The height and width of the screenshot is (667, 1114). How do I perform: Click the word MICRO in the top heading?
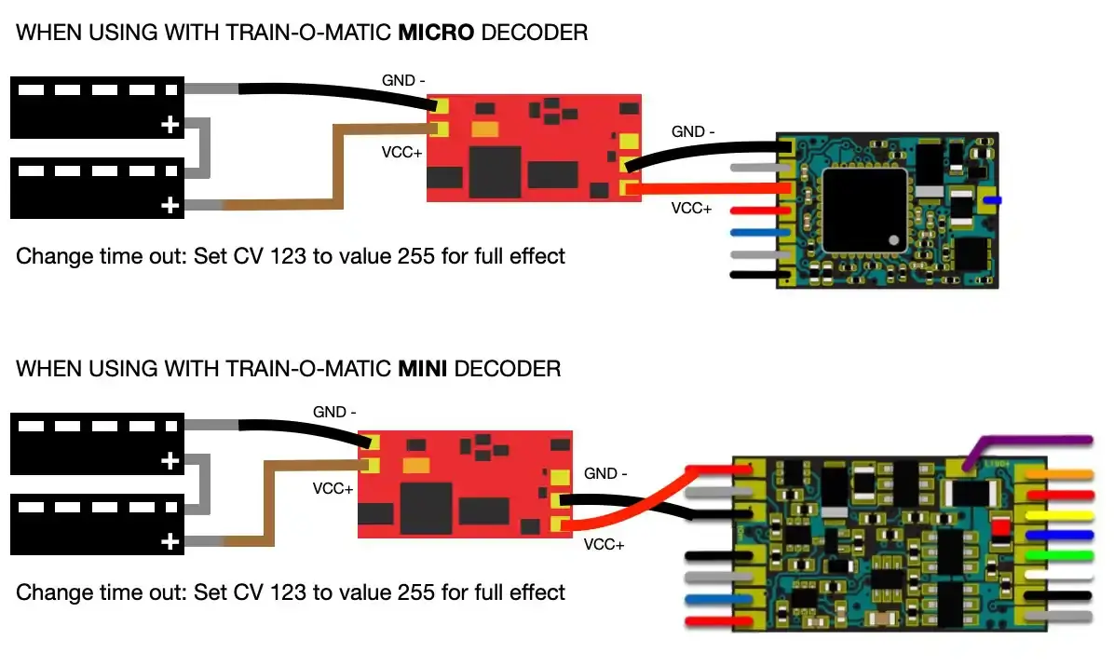436,33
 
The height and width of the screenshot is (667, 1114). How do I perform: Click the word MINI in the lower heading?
422,369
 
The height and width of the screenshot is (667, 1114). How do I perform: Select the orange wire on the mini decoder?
1059,474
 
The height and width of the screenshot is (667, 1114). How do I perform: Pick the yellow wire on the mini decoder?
1059,516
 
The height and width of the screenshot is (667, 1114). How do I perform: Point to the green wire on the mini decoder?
1059,555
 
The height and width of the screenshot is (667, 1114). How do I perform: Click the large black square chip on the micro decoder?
864,211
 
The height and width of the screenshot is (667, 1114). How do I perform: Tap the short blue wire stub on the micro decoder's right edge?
993,201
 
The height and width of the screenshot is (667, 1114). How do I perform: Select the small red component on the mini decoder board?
1000,527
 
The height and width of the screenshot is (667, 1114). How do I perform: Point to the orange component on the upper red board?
484,130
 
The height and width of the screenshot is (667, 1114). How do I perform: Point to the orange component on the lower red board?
415,466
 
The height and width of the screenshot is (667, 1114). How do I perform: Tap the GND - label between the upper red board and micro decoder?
693,131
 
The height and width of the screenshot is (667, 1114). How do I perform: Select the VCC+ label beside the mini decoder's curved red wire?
604,545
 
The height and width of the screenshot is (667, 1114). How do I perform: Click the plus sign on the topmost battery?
170,125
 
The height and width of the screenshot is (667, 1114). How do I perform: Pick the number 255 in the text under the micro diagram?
415,256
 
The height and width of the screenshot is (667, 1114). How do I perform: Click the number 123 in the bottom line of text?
288,592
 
